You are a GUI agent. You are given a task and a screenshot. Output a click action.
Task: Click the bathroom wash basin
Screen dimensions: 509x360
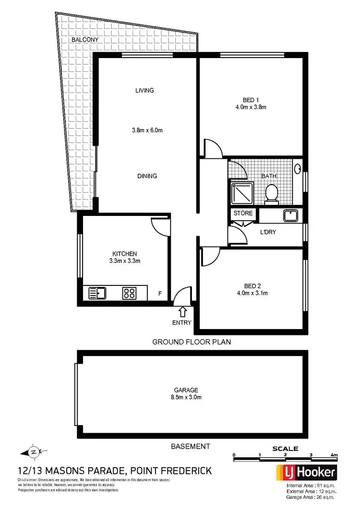298,169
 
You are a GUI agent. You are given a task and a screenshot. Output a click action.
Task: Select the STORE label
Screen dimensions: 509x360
242,213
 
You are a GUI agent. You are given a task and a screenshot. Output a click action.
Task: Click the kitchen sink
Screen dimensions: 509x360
98,292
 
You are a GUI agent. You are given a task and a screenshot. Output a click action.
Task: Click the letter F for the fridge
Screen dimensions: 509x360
161,293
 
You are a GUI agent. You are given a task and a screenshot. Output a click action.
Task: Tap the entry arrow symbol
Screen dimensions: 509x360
182,312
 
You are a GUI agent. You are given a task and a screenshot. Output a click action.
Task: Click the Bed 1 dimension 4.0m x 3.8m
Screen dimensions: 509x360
251,107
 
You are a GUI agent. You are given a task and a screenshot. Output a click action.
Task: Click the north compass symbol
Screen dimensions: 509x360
33,451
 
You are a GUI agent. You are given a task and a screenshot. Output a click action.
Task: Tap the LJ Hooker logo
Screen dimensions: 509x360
305,473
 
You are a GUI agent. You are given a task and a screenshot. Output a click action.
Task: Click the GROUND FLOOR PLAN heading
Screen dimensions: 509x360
192,342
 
